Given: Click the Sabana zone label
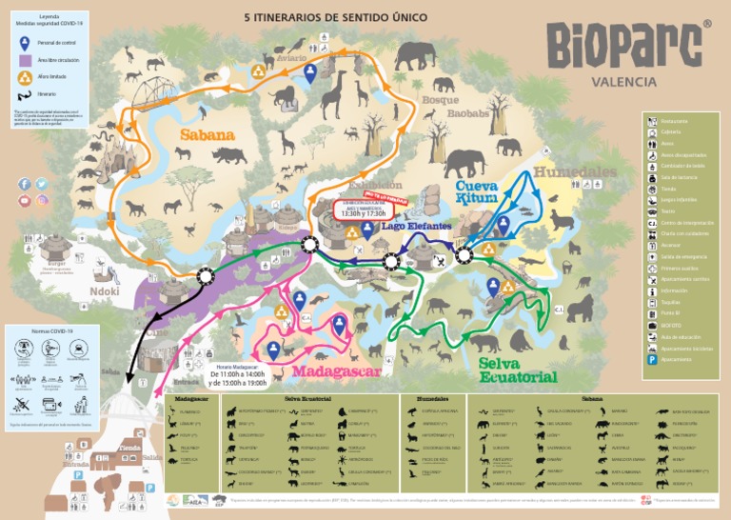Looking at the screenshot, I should (207, 135).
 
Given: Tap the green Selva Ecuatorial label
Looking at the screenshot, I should (518, 370).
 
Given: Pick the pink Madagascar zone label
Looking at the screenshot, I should (337, 370).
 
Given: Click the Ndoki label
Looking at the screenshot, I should (105, 292).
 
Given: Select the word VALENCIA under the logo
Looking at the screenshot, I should (623, 81).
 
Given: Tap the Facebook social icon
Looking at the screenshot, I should (25, 184).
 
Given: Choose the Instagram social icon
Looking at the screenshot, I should (43, 200).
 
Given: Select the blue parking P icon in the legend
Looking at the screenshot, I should (652, 360).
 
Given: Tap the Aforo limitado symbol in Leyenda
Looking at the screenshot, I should (25, 77).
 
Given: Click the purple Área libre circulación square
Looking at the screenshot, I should (25, 60).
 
